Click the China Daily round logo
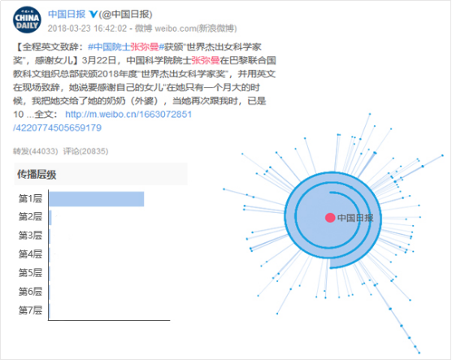[27, 20]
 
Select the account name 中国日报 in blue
[67, 14]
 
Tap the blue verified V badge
[93, 14]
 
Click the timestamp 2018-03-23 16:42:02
[87, 28]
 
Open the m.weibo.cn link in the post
[102, 121]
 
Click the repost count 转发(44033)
[36, 151]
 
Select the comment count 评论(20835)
[85, 151]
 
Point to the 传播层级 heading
[37, 175]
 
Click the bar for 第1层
[97, 199]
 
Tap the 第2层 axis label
[30, 216]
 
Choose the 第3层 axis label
[30, 235]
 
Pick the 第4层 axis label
[30, 254]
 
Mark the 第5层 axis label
[30, 273]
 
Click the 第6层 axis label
[30, 292]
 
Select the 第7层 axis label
[30, 310]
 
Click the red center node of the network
[330, 218]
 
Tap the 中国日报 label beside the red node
[355, 218]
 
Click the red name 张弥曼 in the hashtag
[145, 46]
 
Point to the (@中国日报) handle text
[126, 14]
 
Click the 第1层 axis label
[30, 198]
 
